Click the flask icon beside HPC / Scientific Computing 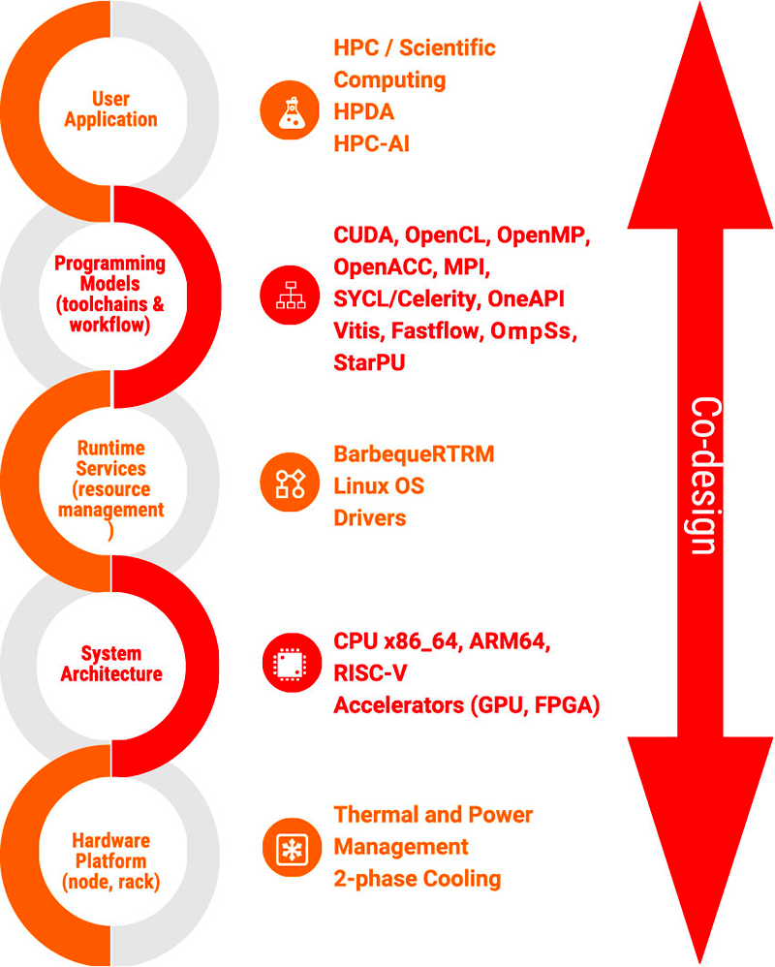pos(290,110)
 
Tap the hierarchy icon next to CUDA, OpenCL pos(290,296)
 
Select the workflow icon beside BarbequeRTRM pos(290,483)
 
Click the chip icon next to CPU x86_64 pos(292,663)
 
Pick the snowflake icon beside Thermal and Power pos(292,848)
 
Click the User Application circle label pos(111,109)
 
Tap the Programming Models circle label pos(109,294)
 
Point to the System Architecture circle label pos(111,664)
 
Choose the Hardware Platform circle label pos(111,861)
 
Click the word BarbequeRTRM pos(414,453)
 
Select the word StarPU pos(369,362)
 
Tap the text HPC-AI pos(371,143)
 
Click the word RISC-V pos(370,672)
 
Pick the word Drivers pos(369,518)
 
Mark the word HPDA pos(363,111)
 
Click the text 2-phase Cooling pos(417,879)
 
